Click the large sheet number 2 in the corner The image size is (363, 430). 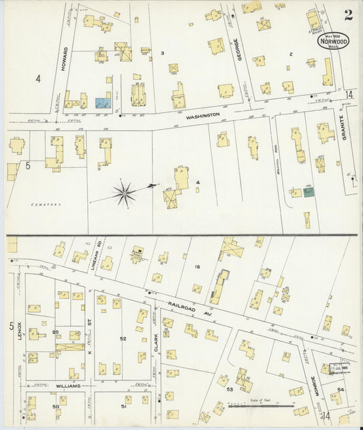pyautogui.click(x=348, y=15)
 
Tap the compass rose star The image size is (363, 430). pyautogui.click(x=124, y=193)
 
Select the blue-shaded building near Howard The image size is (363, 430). pyautogui.click(x=104, y=103)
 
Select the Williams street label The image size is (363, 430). pyautogui.click(x=68, y=386)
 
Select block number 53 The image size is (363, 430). pyautogui.click(x=230, y=389)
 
